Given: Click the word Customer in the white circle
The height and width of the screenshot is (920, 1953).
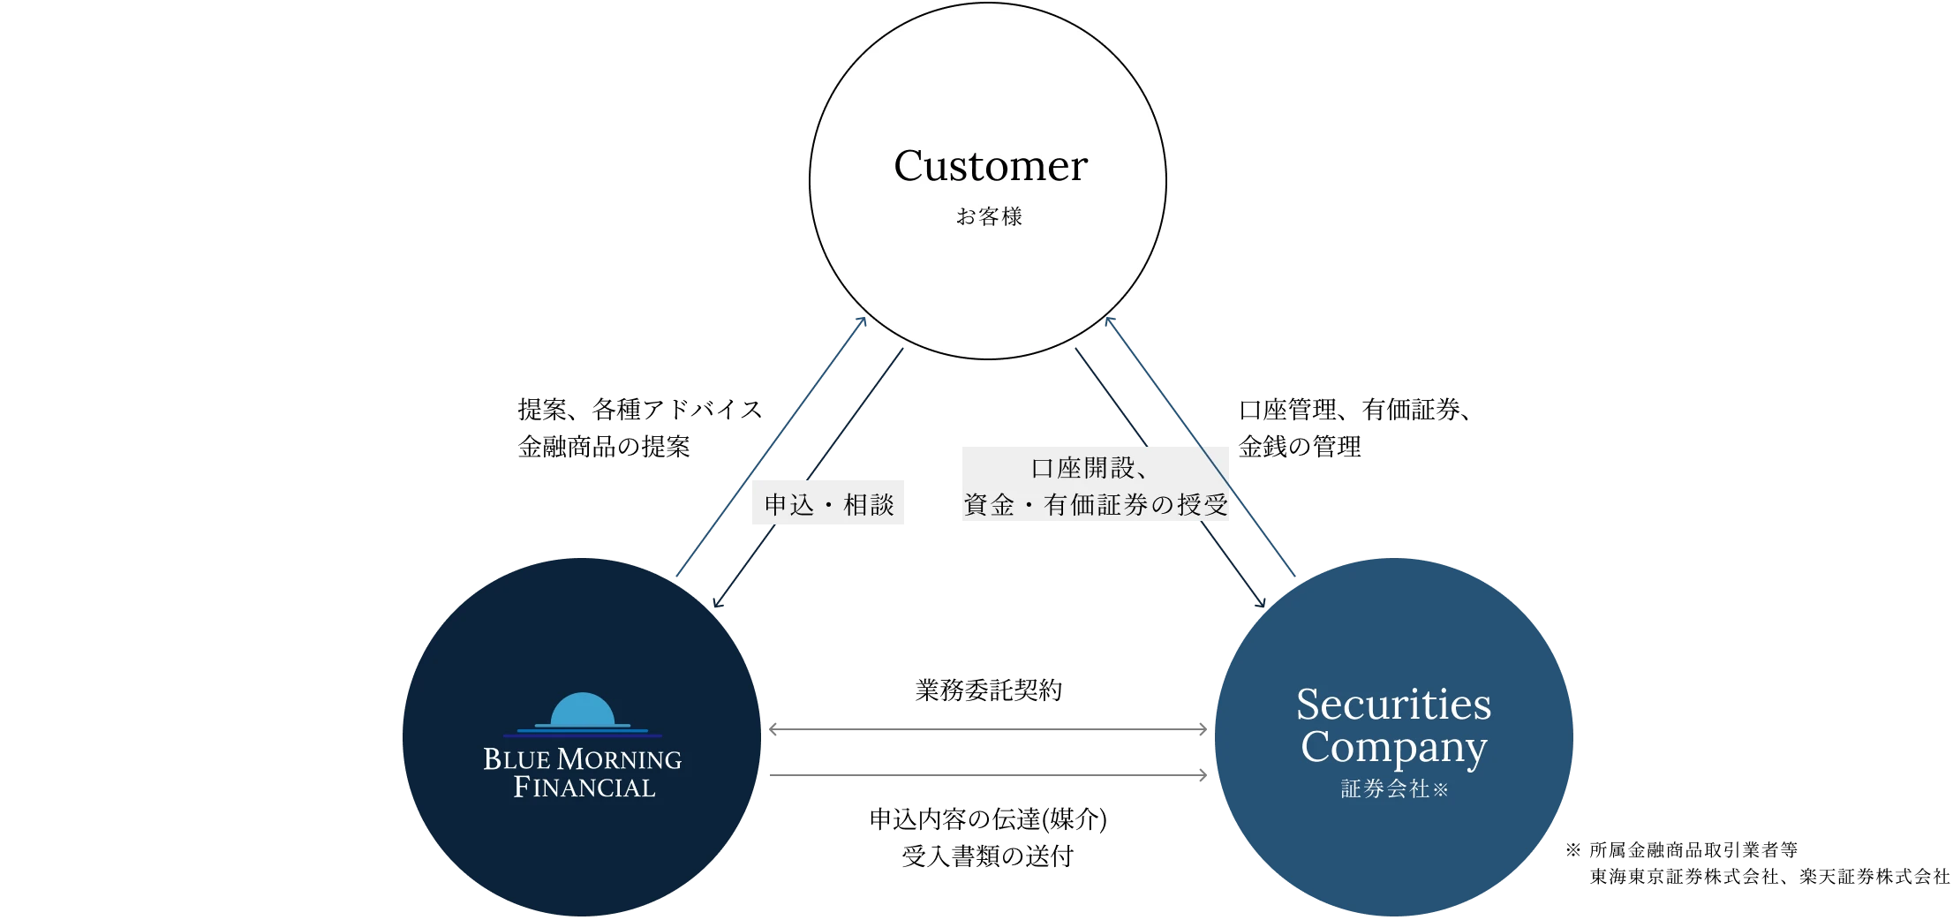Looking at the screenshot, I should click(990, 166).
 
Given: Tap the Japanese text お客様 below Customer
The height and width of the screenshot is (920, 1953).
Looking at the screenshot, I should click(989, 216).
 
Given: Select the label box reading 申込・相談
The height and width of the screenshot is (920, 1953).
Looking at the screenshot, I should click(826, 505).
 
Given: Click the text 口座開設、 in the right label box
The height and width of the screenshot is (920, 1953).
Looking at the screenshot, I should click(1090, 468).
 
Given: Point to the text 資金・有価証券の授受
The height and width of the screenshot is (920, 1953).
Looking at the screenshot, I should click(1095, 505).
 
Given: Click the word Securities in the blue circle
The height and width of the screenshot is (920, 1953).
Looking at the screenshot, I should click(1393, 705).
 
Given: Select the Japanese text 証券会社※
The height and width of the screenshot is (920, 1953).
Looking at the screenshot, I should click(1393, 788).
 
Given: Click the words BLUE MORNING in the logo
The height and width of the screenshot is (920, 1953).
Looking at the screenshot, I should click(582, 759).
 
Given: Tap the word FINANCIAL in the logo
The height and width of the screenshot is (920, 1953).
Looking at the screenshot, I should click(584, 788).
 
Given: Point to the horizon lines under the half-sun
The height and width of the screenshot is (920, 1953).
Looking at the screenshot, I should click(582, 732).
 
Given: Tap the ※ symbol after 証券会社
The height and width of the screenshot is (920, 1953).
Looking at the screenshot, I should click(1440, 790).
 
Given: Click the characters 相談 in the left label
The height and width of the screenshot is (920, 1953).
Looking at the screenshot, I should click(869, 505).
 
